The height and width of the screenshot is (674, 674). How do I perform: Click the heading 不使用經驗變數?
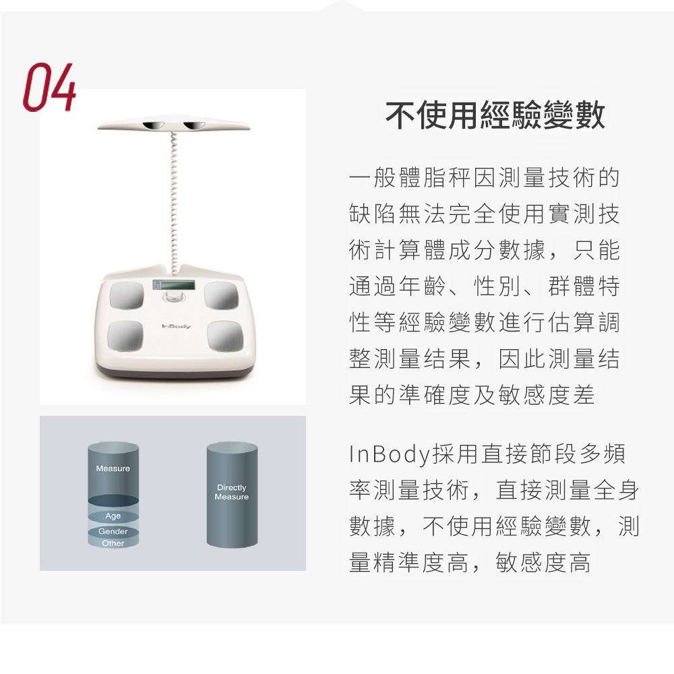pyautogui.click(x=495, y=116)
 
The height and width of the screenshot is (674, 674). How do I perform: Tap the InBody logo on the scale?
pyautogui.click(x=177, y=327)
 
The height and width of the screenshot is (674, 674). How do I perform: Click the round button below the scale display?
pyautogui.click(x=175, y=297)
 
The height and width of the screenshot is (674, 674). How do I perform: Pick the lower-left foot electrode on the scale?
pyautogui.click(x=125, y=336)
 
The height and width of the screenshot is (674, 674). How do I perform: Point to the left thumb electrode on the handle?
pyautogui.click(x=154, y=125)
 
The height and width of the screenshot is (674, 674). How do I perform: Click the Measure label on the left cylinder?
pyautogui.click(x=113, y=468)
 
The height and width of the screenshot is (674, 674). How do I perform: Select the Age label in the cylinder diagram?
pyautogui.click(x=113, y=516)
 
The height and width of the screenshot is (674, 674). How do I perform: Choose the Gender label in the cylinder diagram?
pyautogui.click(x=113, y=532)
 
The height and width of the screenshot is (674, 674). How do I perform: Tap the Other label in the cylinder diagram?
pyautogui.click(x=113, y=543)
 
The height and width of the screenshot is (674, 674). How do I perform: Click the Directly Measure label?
pyautogui.click(x=231, y=492)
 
